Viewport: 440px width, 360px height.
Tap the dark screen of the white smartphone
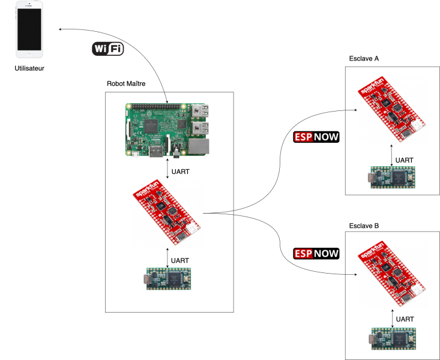click(x=29, y=29)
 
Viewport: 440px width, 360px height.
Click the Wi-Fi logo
click(x=108, y=49)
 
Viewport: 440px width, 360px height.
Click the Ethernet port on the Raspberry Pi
click(x=199, y=146)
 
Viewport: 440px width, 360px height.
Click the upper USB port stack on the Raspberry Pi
click(x=200, y=110)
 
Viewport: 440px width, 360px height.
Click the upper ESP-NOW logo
click(x=316, y=137)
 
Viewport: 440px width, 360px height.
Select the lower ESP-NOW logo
click(x=316, y=253)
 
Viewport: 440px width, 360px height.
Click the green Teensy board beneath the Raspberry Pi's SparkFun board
click(x=169, y=279)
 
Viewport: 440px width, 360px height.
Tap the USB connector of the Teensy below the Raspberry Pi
click(x=148, y=279)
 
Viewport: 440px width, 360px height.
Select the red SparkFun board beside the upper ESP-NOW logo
click(x=392, y=110)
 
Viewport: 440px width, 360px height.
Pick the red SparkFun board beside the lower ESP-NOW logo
click(x=392, y=274)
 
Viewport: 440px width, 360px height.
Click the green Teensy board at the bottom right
click(x=393, y=338)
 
